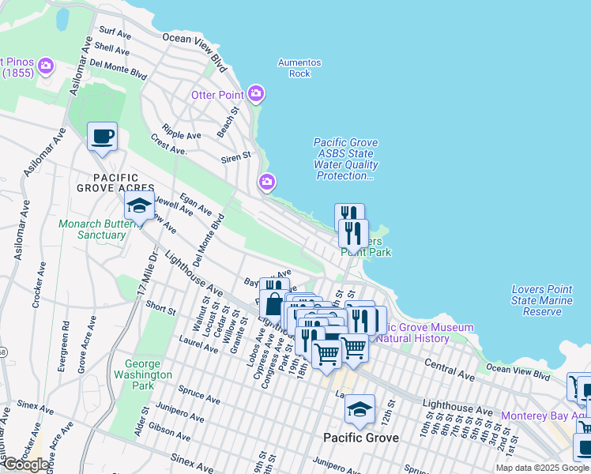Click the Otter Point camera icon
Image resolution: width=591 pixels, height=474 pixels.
click(x=255, y=95)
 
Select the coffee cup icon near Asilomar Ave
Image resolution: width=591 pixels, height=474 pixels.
click(x=102, y=137)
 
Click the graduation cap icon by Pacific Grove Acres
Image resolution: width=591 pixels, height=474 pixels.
click(x=139, y=207)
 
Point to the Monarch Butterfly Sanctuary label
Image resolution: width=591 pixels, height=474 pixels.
click(x=91, y=229)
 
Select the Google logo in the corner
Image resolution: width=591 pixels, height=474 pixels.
click(x=26, y=465)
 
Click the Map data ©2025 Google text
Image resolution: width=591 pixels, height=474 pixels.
click(x=542, y=468)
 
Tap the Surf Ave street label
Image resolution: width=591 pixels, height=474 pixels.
click(x=115, y=33)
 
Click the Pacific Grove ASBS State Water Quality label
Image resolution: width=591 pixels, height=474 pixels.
click(x=345, y=159)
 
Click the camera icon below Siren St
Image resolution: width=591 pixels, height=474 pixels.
click(x=267, y=183)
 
